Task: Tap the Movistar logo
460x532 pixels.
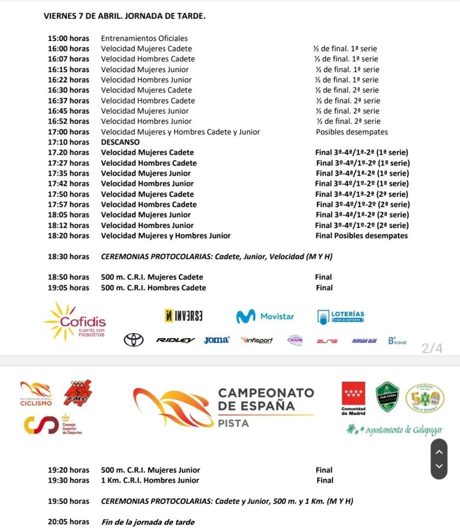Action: click(265, 316)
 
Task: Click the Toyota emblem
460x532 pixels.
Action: click(134, 340)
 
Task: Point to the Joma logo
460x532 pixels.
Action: click(217, 340)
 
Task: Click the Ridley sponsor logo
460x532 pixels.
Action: click(176, 340)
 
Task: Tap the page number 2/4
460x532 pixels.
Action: click(432, 349)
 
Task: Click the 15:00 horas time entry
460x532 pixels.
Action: click(69, 38)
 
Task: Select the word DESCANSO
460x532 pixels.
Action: click(120, 142)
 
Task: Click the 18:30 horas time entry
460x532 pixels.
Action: click(69, 257)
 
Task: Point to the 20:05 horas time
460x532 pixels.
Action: click(69, 522)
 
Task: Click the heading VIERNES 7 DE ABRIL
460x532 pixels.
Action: click(125, 16)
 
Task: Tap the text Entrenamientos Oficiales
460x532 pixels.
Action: click(144, 38)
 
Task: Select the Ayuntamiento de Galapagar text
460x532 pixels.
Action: click(395, 430)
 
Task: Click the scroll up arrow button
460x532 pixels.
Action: click(439, 451)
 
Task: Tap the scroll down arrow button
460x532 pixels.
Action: click(439, 466)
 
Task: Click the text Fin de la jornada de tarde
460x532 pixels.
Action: click(148, 522)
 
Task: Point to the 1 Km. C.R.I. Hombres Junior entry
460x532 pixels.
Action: click(150, 481)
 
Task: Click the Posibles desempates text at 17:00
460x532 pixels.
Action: click(352, 132)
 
